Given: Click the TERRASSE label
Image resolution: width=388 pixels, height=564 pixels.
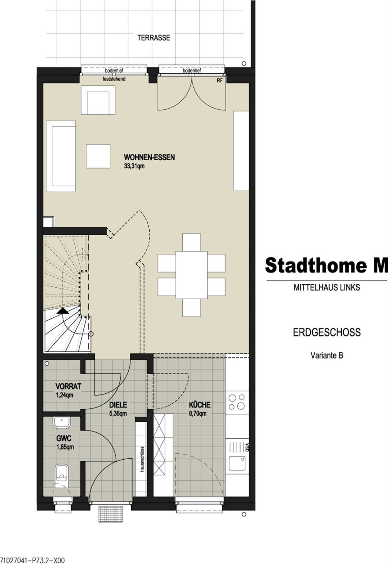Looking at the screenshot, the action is pyautogui.click(x=154, y=38).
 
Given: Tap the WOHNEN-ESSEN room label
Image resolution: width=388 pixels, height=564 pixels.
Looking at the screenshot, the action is pyautogui.click(x=149, y=158).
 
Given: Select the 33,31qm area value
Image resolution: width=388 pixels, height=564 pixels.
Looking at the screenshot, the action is pyautogui.click(x=134, y=166).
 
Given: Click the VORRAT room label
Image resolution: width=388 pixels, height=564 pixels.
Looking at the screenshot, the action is pyautogui.click(x=68, y=386).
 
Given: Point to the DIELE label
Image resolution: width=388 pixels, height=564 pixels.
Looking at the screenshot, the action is pyautogui.click(x=118, y=405).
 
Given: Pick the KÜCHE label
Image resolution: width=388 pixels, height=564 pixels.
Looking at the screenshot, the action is pyautogui.click(x=199, y=405).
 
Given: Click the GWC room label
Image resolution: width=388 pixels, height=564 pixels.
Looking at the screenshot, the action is pyautogui.click(x=64, y=439).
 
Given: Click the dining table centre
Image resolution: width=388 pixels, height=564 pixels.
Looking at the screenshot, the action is pyautogui.click(x=191, y=275).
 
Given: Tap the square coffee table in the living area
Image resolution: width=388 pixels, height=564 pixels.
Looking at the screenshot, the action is pyautogui.click(x=98, y=156).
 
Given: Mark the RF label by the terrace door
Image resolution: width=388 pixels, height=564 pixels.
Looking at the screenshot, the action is pyautogui.click(x=220, y=81).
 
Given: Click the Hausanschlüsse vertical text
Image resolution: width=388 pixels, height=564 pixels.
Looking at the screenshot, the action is pyautogui.click(x=142, y=460).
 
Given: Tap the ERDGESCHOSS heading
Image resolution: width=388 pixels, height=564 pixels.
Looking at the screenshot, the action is pyautogui.click(x=327, y=333).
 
